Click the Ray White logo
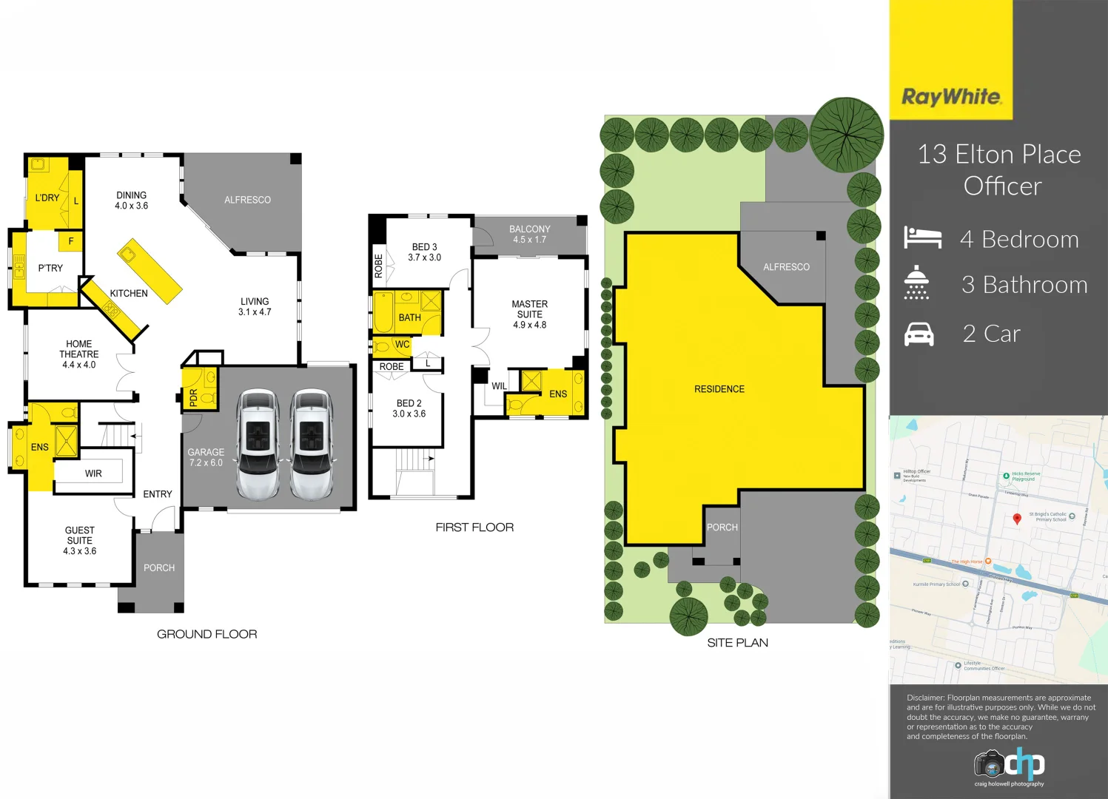(x=951, y=97)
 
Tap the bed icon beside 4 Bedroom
(x=922, y=237)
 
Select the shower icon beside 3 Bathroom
(x=916, y=283)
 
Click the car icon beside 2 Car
(x=919, y=334)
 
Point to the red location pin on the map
(x=1017, y=519)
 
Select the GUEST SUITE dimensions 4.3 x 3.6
(x=79, y=551)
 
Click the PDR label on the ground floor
(x=193, y=398)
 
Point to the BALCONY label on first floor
(x=529, y=229)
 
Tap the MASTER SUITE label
(x=530, y=309)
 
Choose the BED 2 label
(x=409, y=403)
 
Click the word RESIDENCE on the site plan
(x=719, y=389)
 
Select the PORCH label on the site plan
(x=722, y=527)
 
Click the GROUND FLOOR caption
(x=207, y=634)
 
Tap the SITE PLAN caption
(x=737, y=643)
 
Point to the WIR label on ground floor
(x=93, y=473)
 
